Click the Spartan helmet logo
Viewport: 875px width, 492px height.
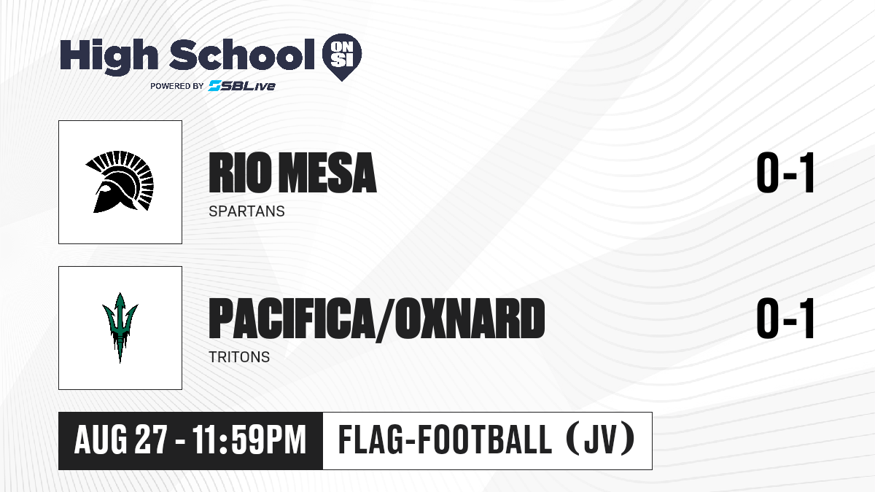pyautogui.click(x=120, y=182)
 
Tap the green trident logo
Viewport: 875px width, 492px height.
pyautogui.click(x=120, y=328)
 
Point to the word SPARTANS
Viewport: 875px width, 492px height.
pyautogui.click(x=247, y=211)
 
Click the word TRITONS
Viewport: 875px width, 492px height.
pyautogui.click(x=239, y=357)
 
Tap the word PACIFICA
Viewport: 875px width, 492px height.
pyautogui.click(x=291, y=319)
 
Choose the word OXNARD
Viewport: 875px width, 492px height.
pyautogui.click(x=470, y=319)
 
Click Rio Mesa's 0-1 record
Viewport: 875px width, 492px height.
pyautogui.click(x=785, y=173)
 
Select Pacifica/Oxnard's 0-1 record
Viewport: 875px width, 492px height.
pyautogui.click(x=785, y=319)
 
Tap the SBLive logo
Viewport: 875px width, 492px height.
pyautogui.click(x=242, y=86)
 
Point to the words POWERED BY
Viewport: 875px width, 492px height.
pyautogui.click(x=177, y=86)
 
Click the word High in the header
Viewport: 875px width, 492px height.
pyautogui.click(x=109, y=57)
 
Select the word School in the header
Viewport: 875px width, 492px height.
pyautogui.click(x=242, y=55)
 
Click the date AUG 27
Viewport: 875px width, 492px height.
pyautogui.click(x=121, y=440)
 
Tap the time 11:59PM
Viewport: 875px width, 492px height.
pyautogui.click(x=249, y=440)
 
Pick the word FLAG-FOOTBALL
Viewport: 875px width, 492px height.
pyautogui.click(x=445, y=440)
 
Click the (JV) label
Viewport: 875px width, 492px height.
pyautogui.click(x=601, y=440)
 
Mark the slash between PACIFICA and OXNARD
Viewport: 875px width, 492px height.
pyautogui.click(x=384, y=319)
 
